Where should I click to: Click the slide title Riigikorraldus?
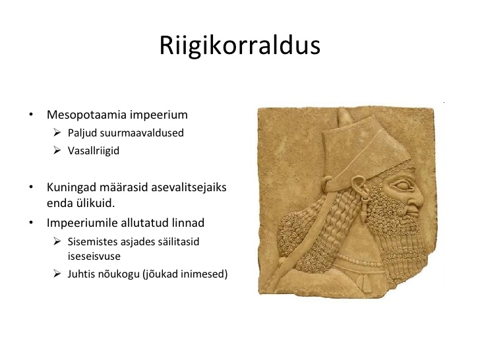[x=240, y=46]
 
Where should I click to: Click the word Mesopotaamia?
[x=86, y=115]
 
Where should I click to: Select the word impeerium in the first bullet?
[x=158, y=115]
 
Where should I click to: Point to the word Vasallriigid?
[x=94, y=151]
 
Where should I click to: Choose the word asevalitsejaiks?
[x=189, y=187]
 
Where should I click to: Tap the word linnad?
[x=188, y=223]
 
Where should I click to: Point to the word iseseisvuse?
[x=94, y=256]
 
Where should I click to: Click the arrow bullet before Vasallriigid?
[x=57, y=150]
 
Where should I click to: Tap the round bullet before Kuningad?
[x=31, y=187]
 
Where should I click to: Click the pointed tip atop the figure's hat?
[x=344, y=110]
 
